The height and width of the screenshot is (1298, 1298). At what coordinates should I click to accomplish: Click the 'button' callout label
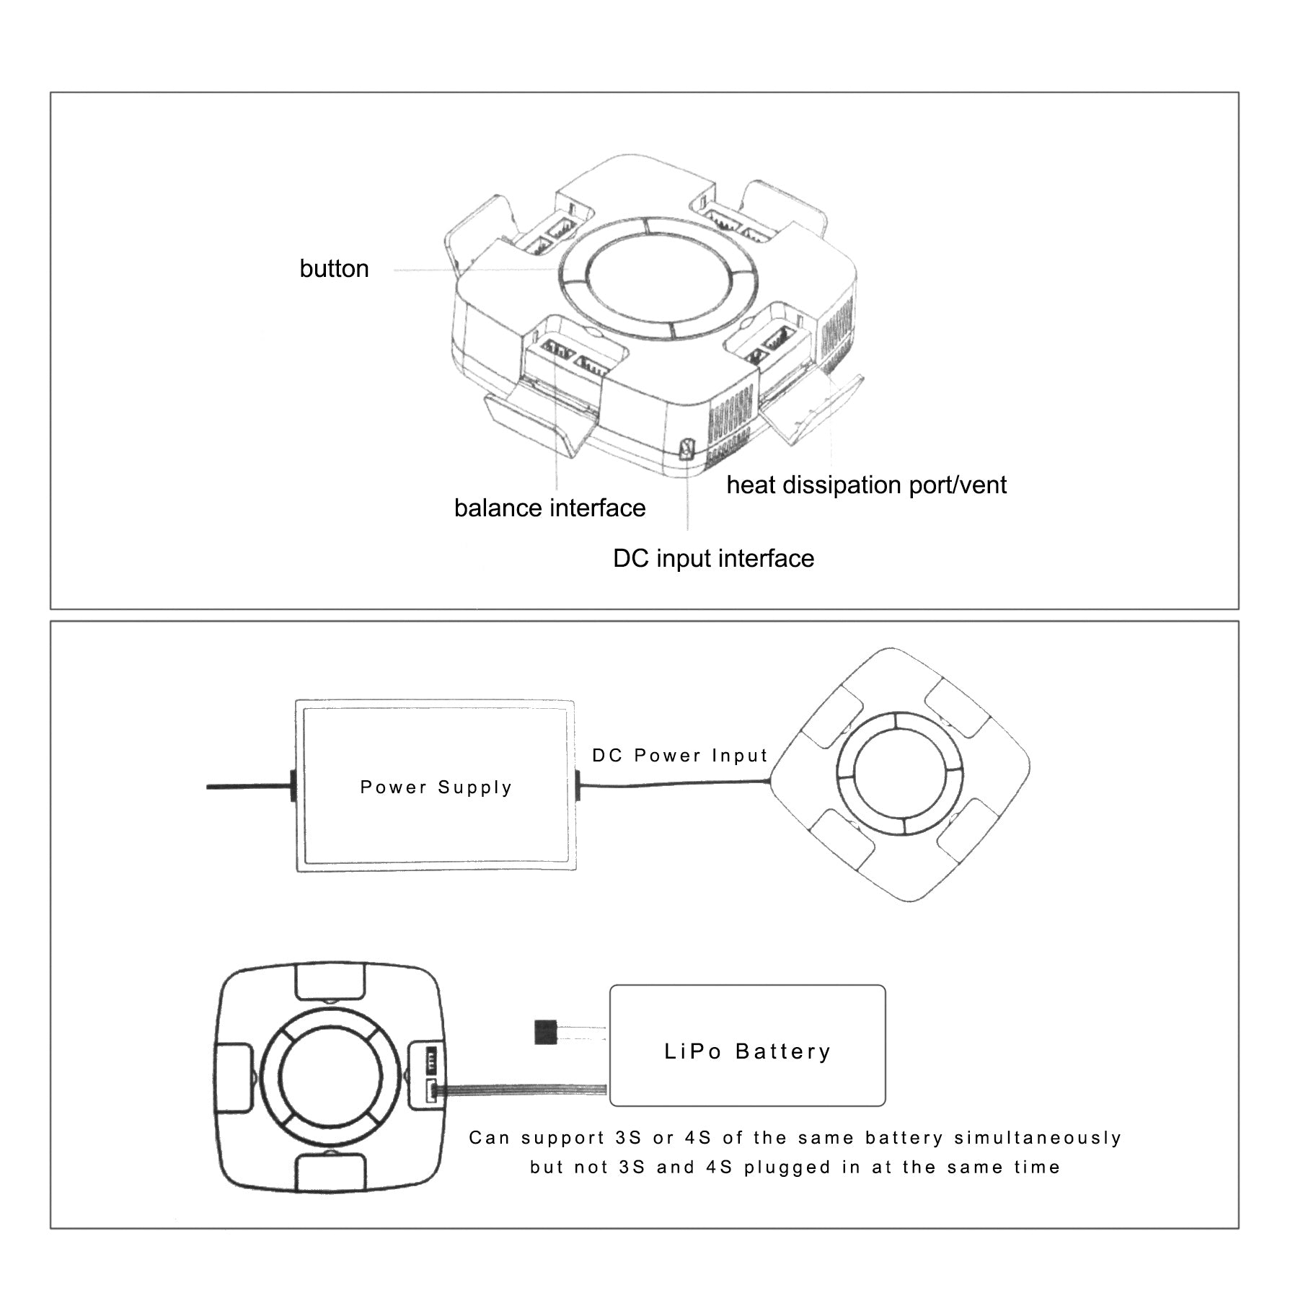[x=334, y=269]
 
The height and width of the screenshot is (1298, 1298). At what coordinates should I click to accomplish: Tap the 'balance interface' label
[x=549, y=508]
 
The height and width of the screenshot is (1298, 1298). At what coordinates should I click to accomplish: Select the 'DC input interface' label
[x=713, y=559]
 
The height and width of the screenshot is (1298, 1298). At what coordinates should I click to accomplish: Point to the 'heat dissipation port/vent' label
[x=866, y=485]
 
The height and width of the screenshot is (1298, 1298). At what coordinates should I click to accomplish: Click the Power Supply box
[x=436, y=786]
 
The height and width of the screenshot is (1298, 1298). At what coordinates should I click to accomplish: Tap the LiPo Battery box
[x=747, y=1046]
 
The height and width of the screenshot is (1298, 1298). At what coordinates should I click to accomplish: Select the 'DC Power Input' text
[x=680, y=756]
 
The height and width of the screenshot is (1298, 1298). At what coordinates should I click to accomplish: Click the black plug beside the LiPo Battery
[x=546, y=1032]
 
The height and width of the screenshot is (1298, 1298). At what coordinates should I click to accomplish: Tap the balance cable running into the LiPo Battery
[x=526, y=1089]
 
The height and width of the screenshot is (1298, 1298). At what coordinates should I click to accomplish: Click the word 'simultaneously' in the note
[x=1038, y=1139]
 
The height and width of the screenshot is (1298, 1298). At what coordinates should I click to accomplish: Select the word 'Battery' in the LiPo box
[x=783, y=1052]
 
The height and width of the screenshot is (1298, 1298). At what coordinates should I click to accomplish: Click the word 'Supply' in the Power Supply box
[x=474, y=787]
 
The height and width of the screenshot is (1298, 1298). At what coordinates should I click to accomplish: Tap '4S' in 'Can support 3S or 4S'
[x=697, y=1139]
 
